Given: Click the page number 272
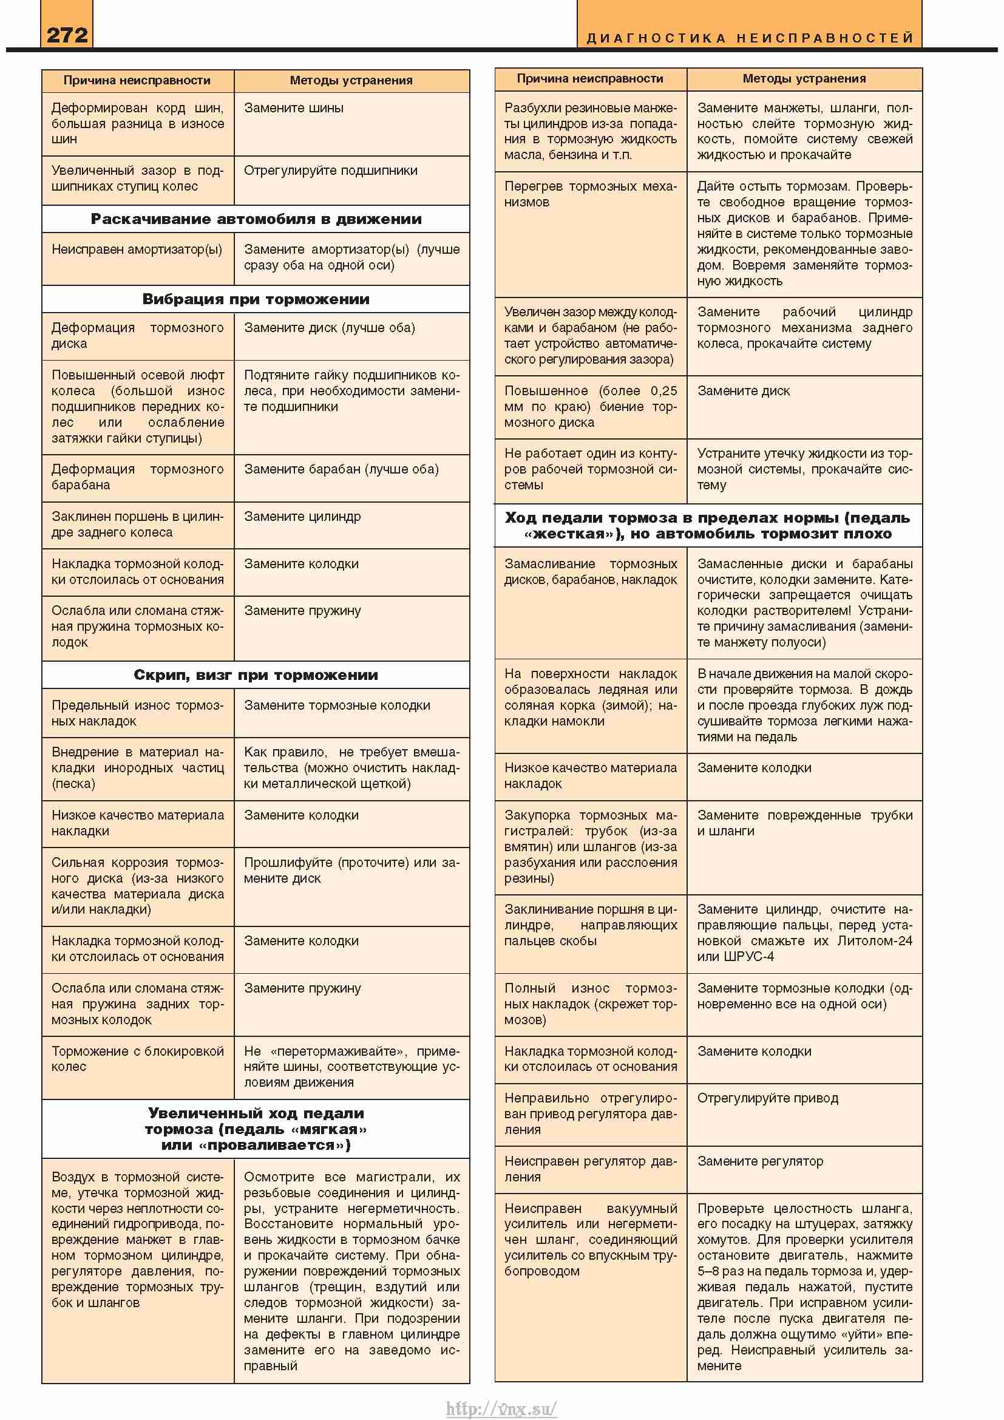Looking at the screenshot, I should pyautogui.click(x=67, y=35).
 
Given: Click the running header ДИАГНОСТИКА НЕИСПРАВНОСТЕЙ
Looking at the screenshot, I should pyautogui.click(x=749, y=38).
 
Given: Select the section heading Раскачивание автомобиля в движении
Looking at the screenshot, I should pyautogui.click(x=256, y=219).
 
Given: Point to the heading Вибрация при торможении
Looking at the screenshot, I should pyautogui.click(x=256, y=299).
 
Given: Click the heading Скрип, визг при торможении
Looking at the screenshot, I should pyautogui.click(x=256, y=674).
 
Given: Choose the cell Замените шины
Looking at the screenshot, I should pyautogui.click(x=294, y=108).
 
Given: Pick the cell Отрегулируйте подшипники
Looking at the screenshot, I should pyautogui.click(x=330, y=171).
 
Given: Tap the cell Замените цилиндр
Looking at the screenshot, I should pyautogui.click(x=302, y=517).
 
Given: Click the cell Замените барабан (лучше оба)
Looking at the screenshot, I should pyautogui.click(x=341, y=469).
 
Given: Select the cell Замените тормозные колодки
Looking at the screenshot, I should pyautogui.click(x=337, y=705).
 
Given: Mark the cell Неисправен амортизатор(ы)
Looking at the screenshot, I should pyautogui.click(x=137, y=250).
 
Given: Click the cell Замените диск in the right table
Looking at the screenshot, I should pyautogui.click(x=743, y=391).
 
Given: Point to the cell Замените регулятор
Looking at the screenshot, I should pyautogui.click(x=760, y=1161).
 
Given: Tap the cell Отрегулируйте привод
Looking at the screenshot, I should pyautogui.click(x=767, y=1098).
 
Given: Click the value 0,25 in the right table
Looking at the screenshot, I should pyautogui.click(x=663, y=391).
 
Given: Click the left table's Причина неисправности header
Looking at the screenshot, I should pyautogui.click(x=137, y=80).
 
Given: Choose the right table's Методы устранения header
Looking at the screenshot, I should pyautogui.click(x=804, y=79).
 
